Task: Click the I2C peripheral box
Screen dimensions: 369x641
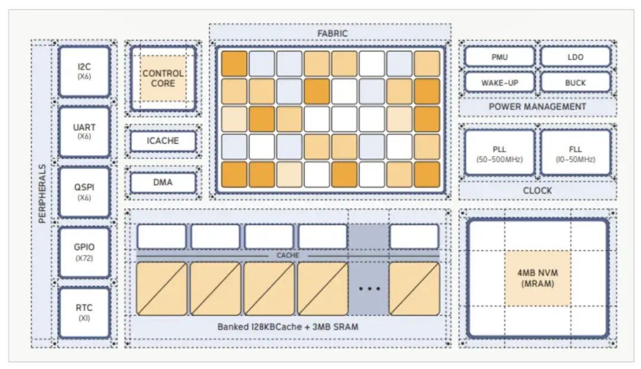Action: pyautogui.click(x=84, y=71)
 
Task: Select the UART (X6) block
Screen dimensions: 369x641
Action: pyautogui.click(x=84, y=132)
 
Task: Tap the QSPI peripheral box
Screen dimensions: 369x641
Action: pyautogui.click(x=84, y=192)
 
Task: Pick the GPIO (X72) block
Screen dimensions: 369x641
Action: pyautogui.click(x=84, y=252)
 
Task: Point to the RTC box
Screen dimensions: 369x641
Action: pyautogui.click(x=84, y=313)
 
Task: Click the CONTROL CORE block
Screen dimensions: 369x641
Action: pyautogui.click(x=163, y=78)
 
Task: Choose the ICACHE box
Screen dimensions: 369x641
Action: pyautogui.click(x=163, y=141)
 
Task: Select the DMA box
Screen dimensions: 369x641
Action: pyautogui.click(x=163, y=182)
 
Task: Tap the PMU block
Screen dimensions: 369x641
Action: pyautogui.click(x=500, y=57)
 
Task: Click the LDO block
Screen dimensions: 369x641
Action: pyautogui.click(x=575, y=57)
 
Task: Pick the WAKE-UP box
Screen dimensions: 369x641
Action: pyautogui.click(x=500, y=83)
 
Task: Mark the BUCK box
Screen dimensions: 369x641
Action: pyautogui.click(x=575, y=83)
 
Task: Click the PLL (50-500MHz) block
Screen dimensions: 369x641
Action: pyautogui.click(x=500, y=153)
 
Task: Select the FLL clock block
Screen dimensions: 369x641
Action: pyautogui.click(x=575, y=153)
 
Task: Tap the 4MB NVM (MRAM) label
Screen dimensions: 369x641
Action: pyautogui.click(x=538, y=279)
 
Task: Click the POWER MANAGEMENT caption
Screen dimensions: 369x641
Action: pyautogui.click(x=537, y=107)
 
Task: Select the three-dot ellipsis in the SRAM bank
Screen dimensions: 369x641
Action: pyautogui.click(x=369, y=289)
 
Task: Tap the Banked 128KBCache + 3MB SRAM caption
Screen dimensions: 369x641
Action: pyautogui.click(x=287, y=327)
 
